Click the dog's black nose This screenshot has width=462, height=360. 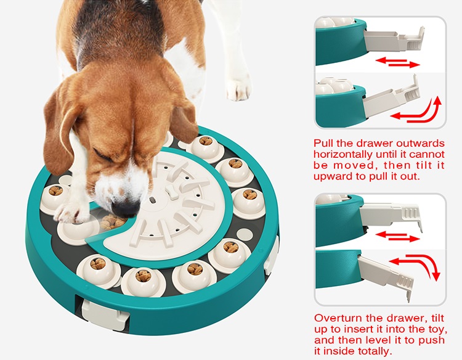126,208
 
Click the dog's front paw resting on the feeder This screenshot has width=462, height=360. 71,213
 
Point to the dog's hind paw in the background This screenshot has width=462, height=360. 238,88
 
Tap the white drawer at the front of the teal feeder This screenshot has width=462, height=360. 105,313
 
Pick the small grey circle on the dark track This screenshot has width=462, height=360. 245,235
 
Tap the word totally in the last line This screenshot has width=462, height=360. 374,351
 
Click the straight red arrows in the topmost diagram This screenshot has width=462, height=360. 398,62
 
